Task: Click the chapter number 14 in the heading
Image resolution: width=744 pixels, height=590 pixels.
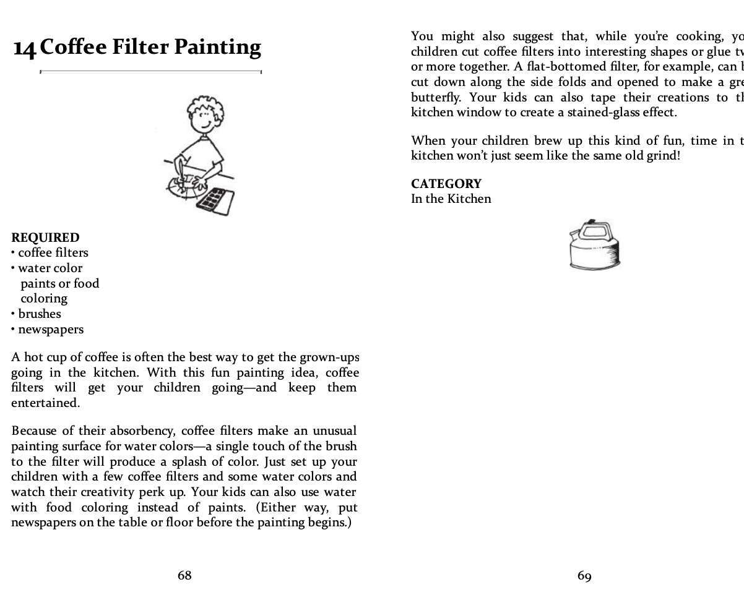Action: (x=25, y=48)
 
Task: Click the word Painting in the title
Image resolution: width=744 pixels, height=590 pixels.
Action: (x=217, y=48)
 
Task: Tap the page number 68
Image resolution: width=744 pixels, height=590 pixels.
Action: (x=184, y=575)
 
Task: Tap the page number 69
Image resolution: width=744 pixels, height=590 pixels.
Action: (x=584, y=576)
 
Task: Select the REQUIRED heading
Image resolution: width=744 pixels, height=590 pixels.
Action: (x=45, y=237)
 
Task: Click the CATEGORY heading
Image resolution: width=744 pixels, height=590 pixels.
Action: (x=446, y=184)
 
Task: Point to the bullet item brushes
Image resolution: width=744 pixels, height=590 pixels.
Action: (x=40, y=314)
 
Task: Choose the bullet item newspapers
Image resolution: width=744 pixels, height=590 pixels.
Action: (x=50, y=329)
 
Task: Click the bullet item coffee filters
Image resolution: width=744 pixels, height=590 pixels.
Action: (x=53, y=252)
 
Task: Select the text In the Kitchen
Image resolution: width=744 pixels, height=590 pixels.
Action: (x=451, y=199)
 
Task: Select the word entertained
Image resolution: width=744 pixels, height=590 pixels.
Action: (x=45, y=403)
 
